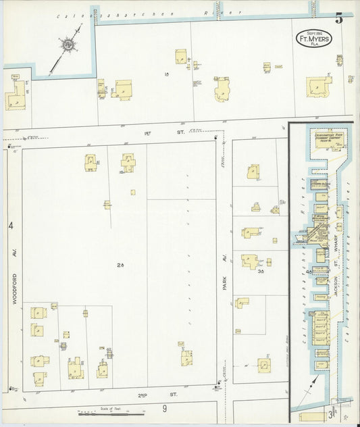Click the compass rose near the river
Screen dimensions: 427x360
68,45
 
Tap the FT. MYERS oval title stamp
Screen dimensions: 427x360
313,39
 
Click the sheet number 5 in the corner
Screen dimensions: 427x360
338,18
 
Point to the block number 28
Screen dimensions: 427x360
121,265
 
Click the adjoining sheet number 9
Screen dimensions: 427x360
163,408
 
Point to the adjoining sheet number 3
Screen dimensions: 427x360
331,413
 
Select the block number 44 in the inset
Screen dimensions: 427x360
309,271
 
